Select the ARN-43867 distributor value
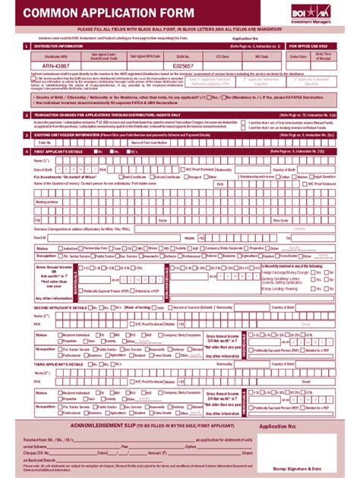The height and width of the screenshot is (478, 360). coord(57,66)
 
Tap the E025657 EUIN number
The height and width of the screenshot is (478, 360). coord(184,66)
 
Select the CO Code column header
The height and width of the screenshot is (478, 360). coord(222,55)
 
